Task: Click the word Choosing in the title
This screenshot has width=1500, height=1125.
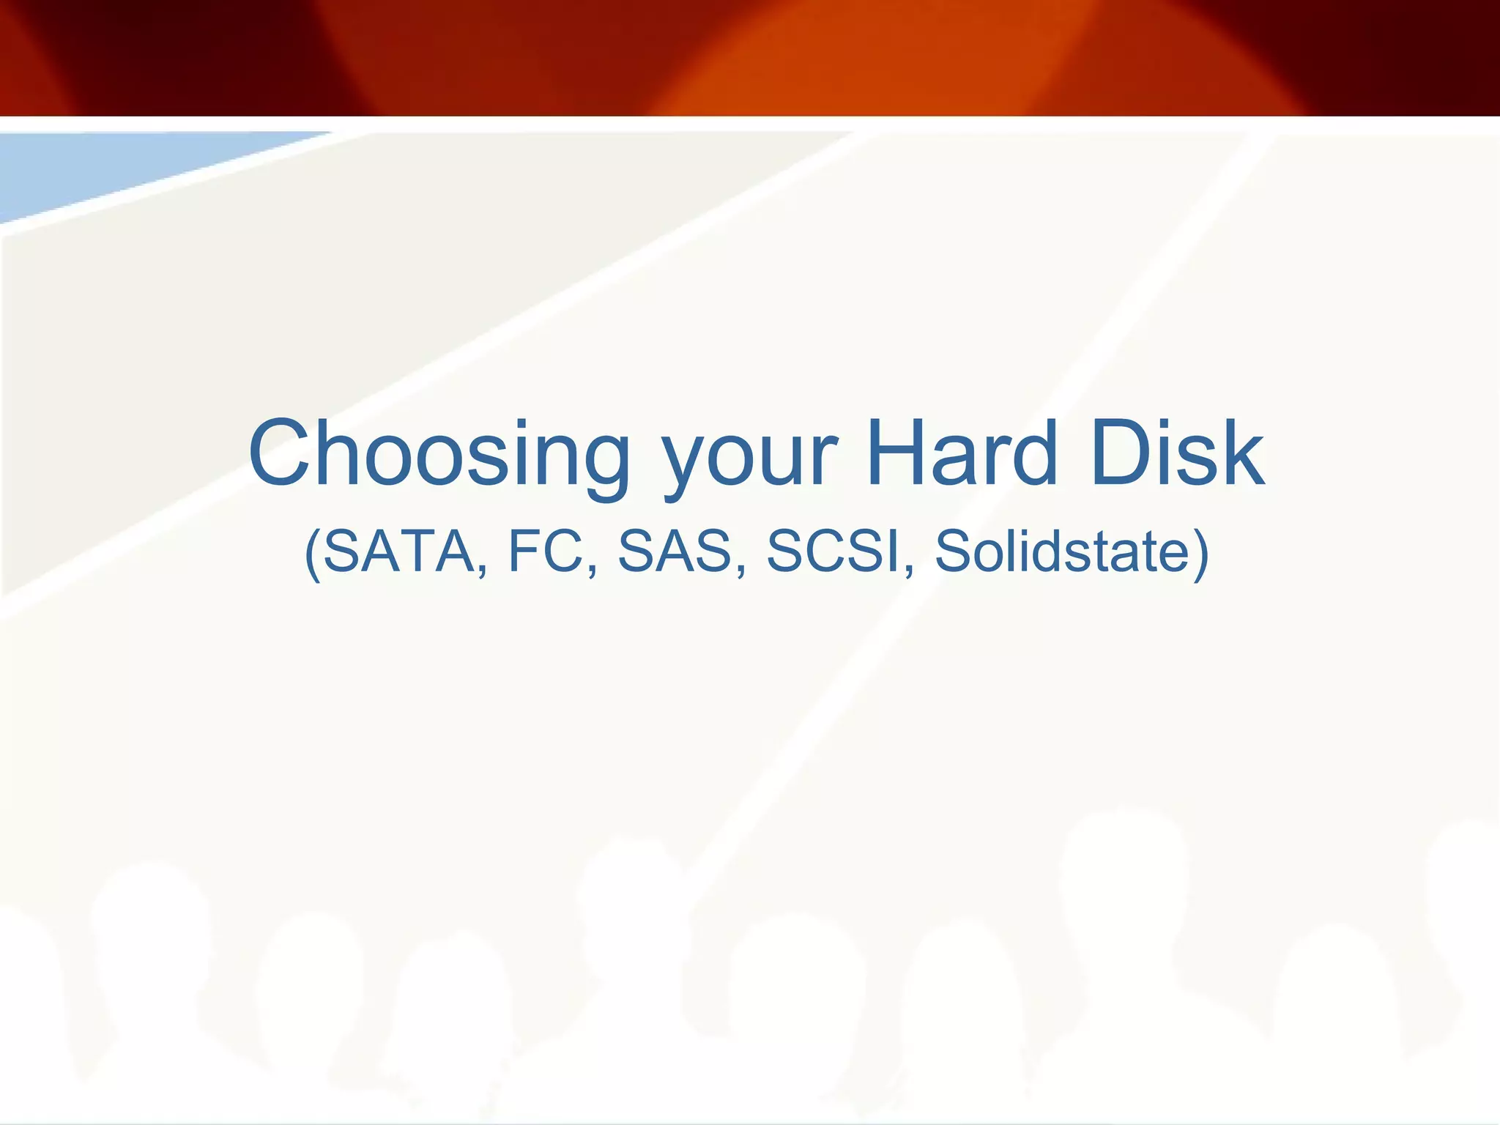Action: (x=439, y=454)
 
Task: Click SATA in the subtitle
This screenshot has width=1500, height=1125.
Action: (x=399, y=551)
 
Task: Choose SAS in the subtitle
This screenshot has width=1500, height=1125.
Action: (x=675, y=551)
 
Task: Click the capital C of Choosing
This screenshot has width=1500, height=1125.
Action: (x=283, y=453)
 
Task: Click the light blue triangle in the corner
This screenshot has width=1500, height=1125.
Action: (x=110, y=168)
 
